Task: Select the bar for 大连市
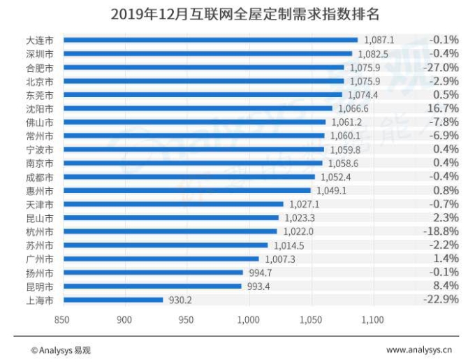click(210, 40)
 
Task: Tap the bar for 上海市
click(112, 300)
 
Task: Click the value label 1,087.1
click(375, 40)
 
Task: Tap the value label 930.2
click(177, 300)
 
